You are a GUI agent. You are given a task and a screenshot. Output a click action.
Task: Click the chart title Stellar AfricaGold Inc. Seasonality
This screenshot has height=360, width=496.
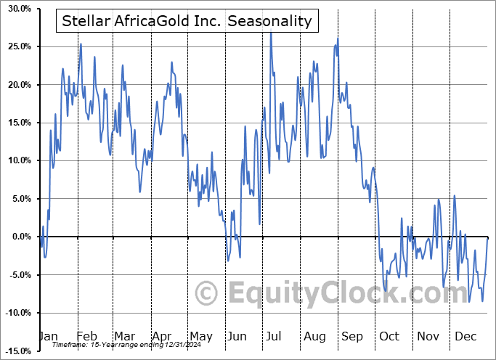187,21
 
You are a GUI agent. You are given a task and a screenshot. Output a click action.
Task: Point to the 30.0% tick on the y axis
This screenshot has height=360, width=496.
17,9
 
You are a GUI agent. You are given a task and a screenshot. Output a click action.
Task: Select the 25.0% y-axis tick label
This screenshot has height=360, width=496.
17,46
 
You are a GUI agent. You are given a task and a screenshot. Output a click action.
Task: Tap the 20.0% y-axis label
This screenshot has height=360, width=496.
17,85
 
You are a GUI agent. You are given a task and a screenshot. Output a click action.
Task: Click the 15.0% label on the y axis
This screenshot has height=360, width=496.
17,123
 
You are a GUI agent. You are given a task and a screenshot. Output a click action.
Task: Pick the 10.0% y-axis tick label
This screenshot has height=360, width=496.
17,160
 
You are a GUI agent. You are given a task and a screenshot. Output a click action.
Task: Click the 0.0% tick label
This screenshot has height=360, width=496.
20,237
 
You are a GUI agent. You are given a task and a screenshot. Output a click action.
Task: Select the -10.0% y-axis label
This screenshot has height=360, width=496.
16,313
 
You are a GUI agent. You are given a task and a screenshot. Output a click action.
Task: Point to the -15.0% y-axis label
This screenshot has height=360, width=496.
16,351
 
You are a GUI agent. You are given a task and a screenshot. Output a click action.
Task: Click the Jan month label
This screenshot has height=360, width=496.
48,336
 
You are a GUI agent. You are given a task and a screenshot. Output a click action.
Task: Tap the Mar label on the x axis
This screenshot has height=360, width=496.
124,336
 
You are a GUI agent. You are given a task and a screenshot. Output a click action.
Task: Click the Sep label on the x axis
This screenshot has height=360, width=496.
353,336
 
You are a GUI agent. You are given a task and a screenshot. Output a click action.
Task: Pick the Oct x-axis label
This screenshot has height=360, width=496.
390,336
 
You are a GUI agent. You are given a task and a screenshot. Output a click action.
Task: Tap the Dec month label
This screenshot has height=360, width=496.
466,336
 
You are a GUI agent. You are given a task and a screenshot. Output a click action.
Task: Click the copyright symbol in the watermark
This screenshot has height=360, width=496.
208,294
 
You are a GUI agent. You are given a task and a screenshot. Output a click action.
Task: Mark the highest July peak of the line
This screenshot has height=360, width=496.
270,32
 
